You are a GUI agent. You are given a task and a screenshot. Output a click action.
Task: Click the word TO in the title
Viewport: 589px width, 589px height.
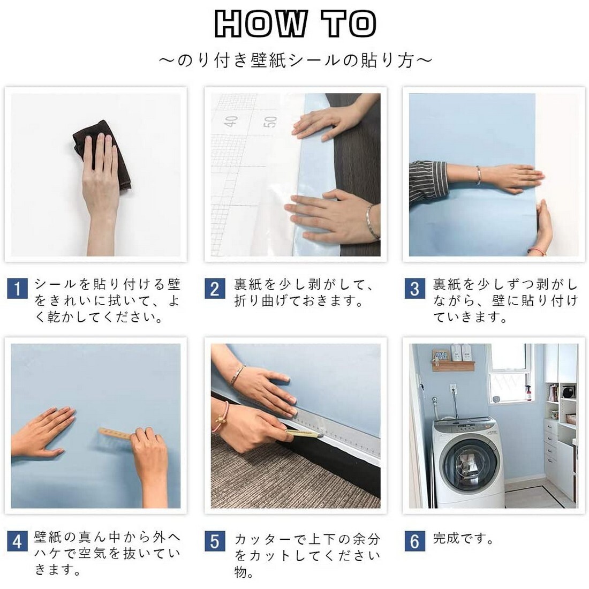point(349,24)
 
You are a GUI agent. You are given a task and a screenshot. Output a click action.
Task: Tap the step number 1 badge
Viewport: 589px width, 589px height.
point(17,289)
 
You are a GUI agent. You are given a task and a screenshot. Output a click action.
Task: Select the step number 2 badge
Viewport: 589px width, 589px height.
point(215,289)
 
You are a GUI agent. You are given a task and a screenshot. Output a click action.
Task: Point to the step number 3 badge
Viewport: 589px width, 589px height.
point(414,289)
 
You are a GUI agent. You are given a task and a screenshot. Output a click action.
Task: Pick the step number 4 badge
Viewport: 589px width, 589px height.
point(17,541)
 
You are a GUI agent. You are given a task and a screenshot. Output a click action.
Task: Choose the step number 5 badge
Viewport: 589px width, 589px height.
point(215,541)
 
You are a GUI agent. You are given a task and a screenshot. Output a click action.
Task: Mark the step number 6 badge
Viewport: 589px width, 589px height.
point(414,541)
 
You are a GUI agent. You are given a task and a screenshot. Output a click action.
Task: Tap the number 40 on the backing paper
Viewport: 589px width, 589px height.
point(231,122)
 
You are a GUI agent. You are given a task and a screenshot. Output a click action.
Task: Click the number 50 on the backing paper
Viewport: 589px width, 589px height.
point(270,122)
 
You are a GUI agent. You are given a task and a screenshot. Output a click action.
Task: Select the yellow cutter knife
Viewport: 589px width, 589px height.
point(304,434)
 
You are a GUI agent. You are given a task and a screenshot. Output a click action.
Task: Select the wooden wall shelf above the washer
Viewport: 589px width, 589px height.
point(453,366)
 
